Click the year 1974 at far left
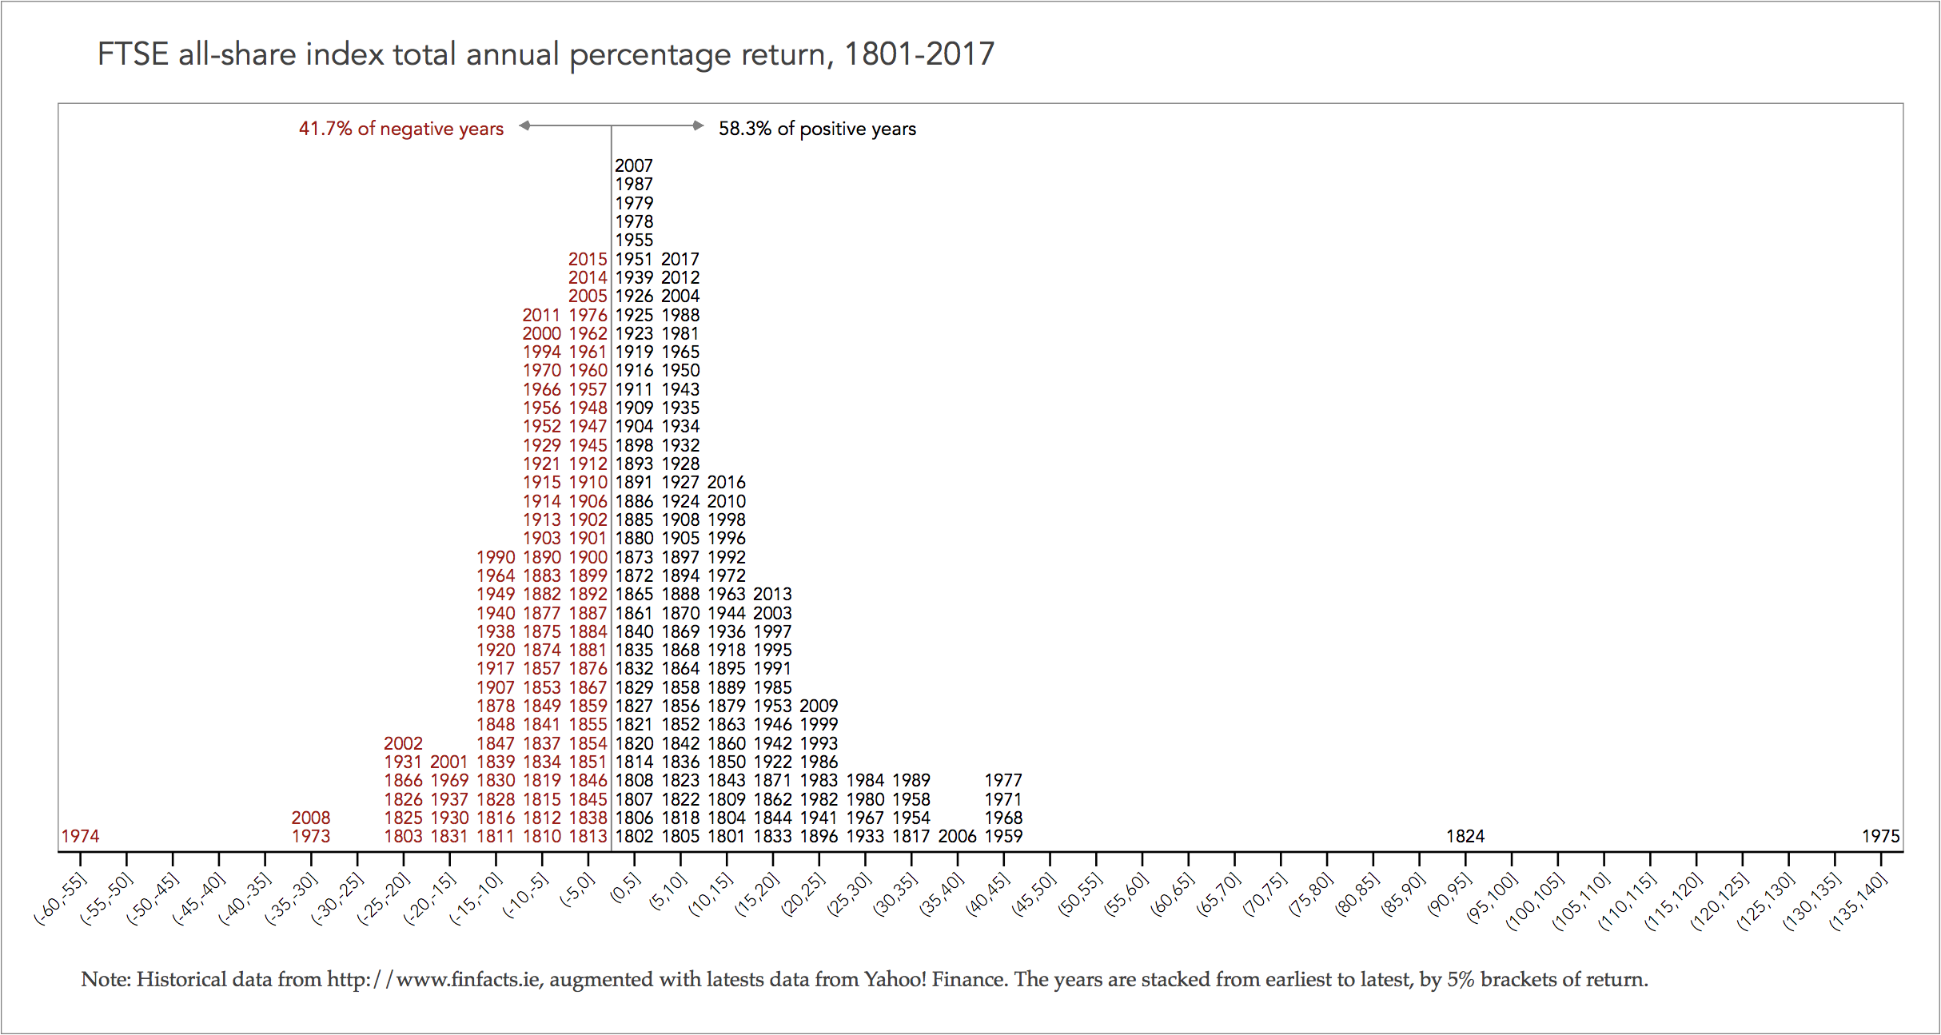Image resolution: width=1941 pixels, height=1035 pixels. (x=80, y=836)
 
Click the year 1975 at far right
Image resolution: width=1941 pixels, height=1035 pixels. (x=1880, y=836)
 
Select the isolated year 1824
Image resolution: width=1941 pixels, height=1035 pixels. (x=1465, y=836)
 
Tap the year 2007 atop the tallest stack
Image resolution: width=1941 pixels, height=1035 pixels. (x=634, y=165)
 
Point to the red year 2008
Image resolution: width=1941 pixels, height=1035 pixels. (x=310, y=818)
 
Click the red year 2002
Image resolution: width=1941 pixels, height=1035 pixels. (x=403, y=743)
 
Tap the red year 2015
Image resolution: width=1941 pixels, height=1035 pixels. (x=588, y=259)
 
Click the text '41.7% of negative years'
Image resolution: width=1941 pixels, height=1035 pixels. (x=401, y=129)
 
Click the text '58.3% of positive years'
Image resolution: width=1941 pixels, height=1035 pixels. (x=817, y=129)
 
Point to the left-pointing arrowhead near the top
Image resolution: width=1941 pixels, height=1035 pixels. (x=524, y=125)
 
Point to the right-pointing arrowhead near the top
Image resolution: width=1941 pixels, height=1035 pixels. (x=698, y=125)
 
